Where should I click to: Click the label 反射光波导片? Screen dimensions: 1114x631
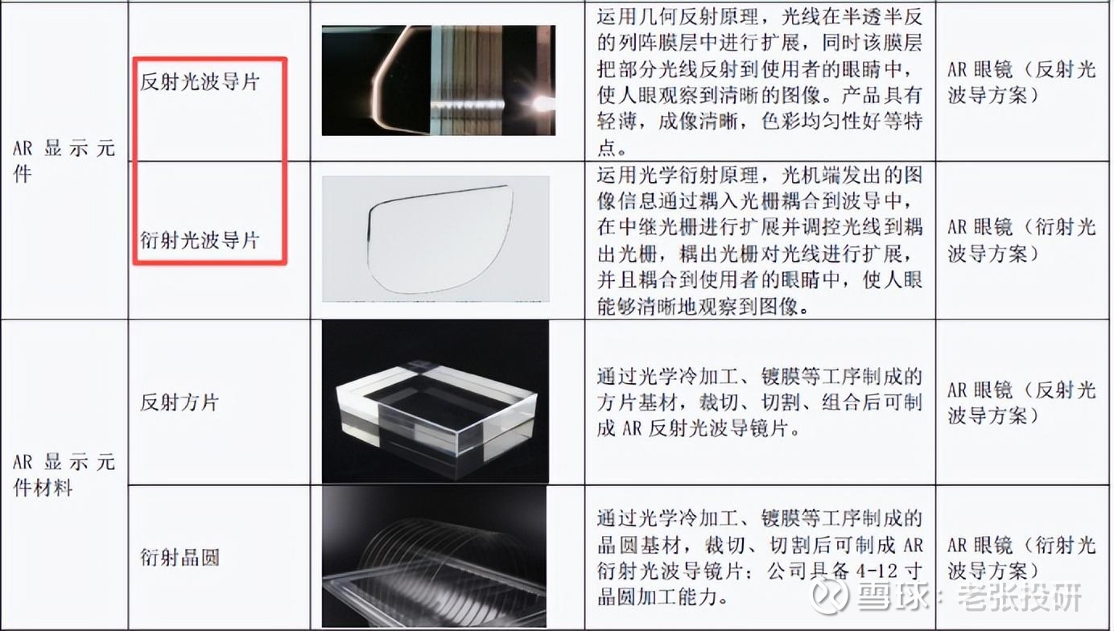coord(200,81)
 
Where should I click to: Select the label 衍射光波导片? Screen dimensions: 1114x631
coord(200,240)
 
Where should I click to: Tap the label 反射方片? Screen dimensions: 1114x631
coord(179,402)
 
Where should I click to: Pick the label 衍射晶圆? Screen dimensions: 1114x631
coord(179,557)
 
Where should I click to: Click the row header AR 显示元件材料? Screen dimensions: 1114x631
coord(64,475)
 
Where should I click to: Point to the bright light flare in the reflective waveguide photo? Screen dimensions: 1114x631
coord(541,105)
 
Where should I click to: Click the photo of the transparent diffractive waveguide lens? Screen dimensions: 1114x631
coord(435,239)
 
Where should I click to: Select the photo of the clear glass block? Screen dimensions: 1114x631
coord(435,401)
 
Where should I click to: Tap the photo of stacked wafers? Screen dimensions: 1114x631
coord(434,556)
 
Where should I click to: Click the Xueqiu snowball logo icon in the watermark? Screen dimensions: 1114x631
coord(828,596)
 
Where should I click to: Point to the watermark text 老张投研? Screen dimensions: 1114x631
coord(1019,596)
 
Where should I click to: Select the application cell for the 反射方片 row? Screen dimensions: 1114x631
coord(1022,402)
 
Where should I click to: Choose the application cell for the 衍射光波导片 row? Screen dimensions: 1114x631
coord(1022,240)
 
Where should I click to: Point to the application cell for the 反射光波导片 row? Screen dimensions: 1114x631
coord(1022,82)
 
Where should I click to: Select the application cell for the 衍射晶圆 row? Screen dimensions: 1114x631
coord(1022,558)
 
